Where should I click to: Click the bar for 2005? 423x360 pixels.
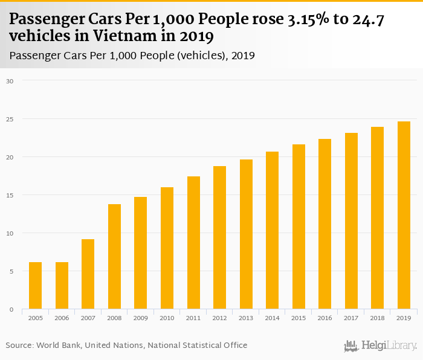(35, 286)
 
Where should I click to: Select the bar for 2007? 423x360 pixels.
(88, 274)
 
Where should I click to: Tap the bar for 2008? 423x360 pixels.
(114, 257)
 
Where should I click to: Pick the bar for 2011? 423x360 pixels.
(193, 243)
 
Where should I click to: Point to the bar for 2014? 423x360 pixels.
(272, 230)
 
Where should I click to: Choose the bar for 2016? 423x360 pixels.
(325, 224)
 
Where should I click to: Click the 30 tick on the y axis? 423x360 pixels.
(9, 80)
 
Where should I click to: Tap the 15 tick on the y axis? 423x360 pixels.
(9, 195)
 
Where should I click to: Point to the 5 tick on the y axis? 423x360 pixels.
(11, 271)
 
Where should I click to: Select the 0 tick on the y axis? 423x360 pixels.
(11, 309)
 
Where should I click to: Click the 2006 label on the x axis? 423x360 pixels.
(62, 318)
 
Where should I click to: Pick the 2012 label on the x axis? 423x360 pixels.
(219, 318)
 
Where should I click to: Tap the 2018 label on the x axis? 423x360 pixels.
(377, 318)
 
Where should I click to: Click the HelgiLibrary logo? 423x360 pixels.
(380, 346)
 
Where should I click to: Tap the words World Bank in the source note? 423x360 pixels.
(58, 345)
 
